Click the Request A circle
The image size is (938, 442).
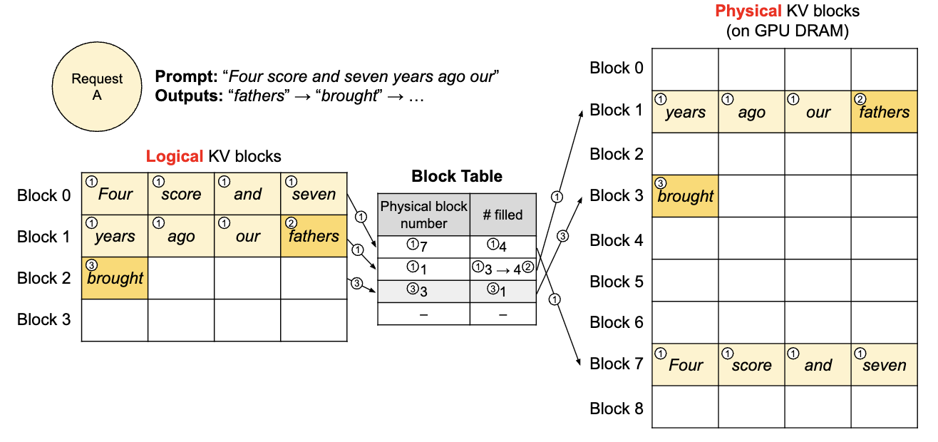pos(97,87)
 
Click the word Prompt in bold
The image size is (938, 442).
pos(186,77)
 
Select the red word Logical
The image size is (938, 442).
pos(174,156)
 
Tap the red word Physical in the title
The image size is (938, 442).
pos(748,11)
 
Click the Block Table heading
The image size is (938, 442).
pos(457,176)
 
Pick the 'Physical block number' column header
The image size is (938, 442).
pos(424,215)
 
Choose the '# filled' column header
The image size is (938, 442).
pos(503,215)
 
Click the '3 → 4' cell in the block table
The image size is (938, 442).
pos(503,269)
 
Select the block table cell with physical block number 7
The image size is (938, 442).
pos(424,247)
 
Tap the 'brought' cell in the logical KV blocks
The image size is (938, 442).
pos(115,278)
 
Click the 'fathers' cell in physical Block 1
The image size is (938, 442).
pos(884,112)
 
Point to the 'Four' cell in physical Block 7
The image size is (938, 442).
pos(685,364)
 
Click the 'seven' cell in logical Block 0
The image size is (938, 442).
pos(314,194)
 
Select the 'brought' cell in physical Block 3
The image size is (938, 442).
pos(685,195)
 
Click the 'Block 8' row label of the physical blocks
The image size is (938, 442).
pos(617,408)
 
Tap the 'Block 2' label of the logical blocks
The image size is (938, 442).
pos(44,278)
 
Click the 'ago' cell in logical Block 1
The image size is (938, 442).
pos(181,236)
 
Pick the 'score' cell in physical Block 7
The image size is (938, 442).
pos(752,364)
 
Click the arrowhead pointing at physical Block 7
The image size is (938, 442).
pos(578,362)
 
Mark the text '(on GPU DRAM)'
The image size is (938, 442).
pos(787,31)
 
